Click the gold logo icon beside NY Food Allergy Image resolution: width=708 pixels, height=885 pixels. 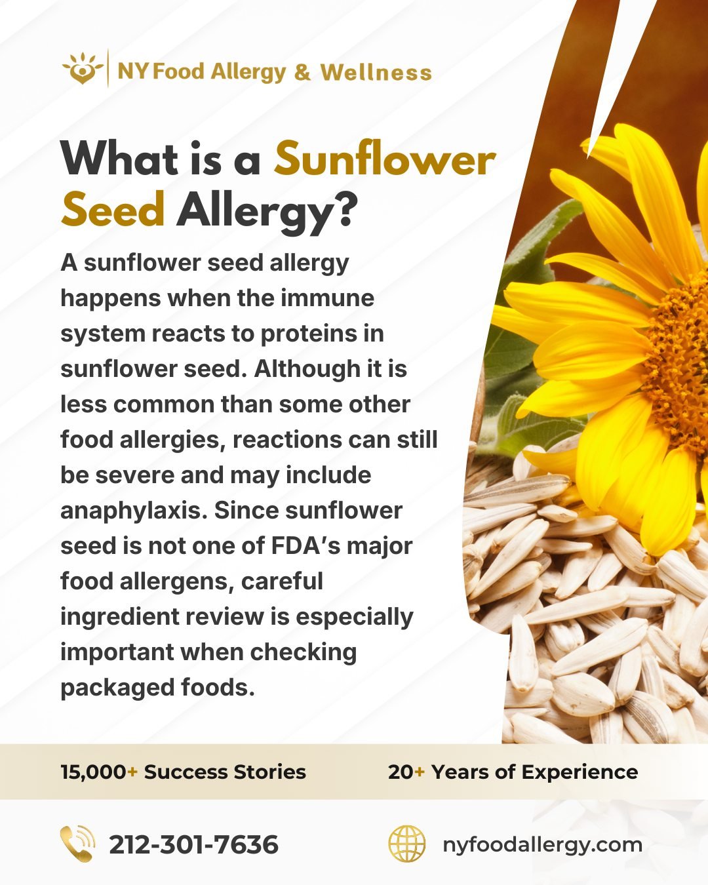pos(83,69)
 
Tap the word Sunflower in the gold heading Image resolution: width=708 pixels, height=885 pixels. pos(384,160)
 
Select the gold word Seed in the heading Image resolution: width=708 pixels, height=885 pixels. pos(112,211)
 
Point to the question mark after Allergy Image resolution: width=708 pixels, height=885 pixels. pos(345,211)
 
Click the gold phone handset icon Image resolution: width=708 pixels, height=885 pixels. pos(77,844)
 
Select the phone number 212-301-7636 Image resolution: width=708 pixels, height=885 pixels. pos(193,844)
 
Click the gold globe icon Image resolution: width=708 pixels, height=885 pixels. pos(406,844)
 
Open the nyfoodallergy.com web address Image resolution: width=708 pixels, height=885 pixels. pos(542,844)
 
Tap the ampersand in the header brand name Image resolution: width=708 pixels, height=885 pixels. pos(302,72)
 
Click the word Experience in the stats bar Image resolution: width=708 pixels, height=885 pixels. pos(580,772)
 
